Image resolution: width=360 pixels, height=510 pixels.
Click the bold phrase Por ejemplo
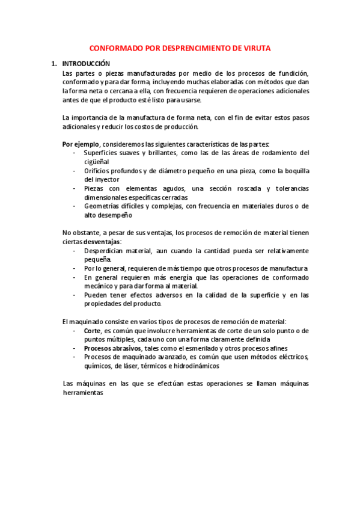pyautogui.click(x=81, y=144)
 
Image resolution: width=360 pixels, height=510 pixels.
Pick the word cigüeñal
pyautogui.click(x=96, y=162)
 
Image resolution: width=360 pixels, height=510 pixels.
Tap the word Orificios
pyautogui.click(x=99, y=171)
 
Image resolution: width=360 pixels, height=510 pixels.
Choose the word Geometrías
pyautogui.click(x=104, y=206)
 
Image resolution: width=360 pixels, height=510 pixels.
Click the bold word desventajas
pyautogui.click(x=101, y=242)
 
